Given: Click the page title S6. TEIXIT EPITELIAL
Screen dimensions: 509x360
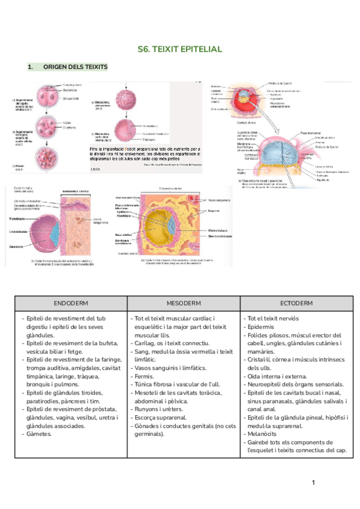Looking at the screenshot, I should [179, 49].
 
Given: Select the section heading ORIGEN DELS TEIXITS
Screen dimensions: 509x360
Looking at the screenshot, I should [75, 67].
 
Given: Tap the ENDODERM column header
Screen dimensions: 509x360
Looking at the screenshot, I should [71, 303].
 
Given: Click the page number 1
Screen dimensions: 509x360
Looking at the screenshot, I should [313, 482].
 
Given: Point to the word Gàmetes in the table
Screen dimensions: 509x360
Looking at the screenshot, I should [39, 434].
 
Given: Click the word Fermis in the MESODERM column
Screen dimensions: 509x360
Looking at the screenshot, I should [143, 376].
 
